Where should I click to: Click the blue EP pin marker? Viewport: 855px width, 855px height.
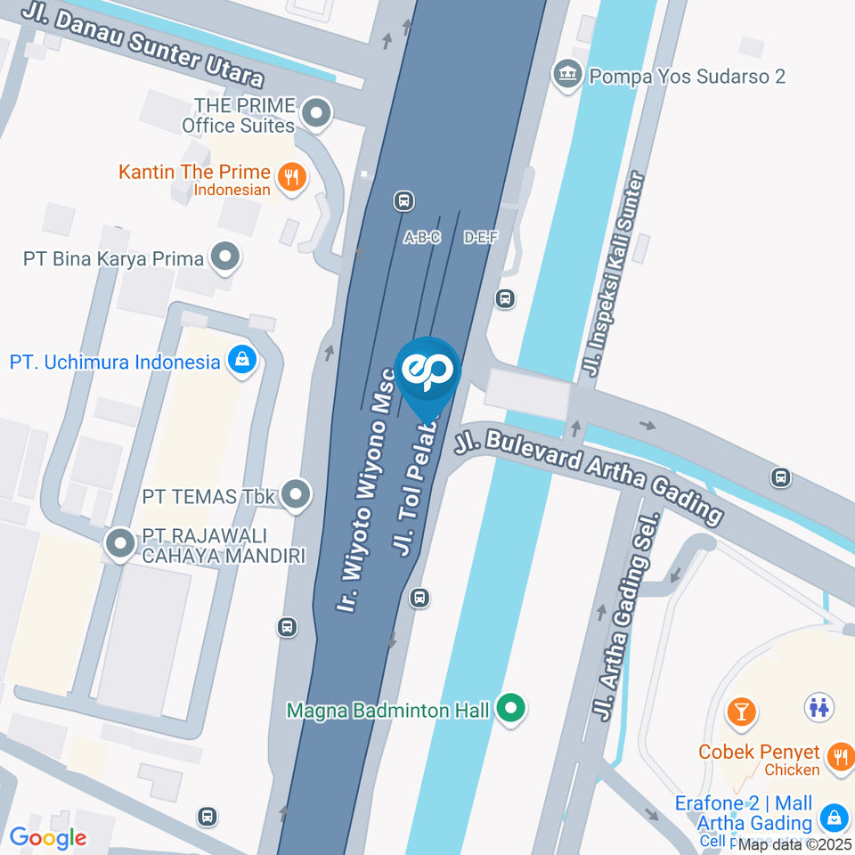click(x=429, y=372)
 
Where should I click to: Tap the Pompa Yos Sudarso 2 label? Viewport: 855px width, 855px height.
click(x=686, y=76)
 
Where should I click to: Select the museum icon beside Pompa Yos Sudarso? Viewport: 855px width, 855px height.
click(x=566, y=74)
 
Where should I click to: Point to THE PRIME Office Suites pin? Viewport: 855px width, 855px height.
click(x=315, y=113)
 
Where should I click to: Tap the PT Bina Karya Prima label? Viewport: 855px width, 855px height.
click(x=114, y=259)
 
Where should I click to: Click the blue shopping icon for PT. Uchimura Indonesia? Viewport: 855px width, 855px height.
click(x=241, y=361)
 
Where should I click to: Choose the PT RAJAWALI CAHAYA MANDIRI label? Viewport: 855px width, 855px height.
click(x=224, y=547)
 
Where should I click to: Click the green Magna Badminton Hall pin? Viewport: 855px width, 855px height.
click(x=510, y=710)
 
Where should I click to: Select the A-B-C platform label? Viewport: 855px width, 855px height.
click(x=422, y=238)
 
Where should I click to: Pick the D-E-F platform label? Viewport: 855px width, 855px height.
click(x=481, y=238)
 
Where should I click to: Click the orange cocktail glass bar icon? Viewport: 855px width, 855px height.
click(x=740, y=711)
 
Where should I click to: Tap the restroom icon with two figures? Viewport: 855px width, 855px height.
click(x=818, y=707)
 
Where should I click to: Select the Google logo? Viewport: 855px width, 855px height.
click(x=48, y=837)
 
